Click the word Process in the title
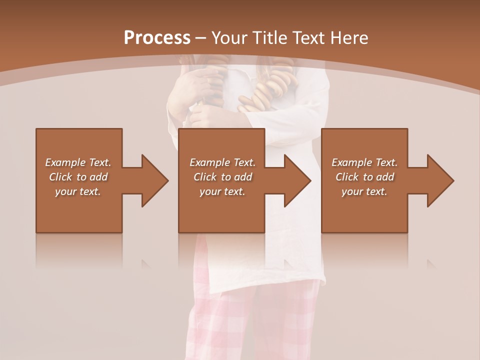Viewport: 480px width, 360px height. point(157,38)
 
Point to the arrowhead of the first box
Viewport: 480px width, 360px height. point(154,180)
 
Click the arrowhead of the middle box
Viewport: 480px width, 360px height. point(297,180)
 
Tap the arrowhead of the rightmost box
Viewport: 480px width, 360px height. point(440,180)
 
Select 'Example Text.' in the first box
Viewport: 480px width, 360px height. point(78,162)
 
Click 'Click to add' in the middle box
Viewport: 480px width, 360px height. point(222,177)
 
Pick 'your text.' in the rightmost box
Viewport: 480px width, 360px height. point(364,191)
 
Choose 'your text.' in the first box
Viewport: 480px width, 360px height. point(78,191)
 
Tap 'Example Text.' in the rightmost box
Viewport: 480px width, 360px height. point(364,162)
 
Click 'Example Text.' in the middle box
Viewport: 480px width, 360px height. point(222,162)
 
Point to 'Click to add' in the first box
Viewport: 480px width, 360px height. point(78,177)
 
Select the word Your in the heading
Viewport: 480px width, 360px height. point(230,38)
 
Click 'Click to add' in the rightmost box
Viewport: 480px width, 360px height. point(364,177)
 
